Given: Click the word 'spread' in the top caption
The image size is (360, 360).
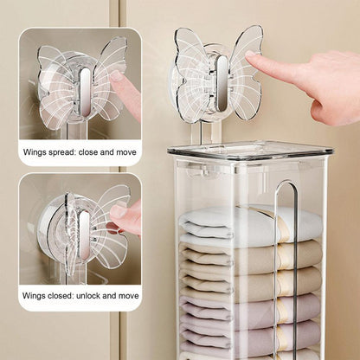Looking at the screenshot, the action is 60,152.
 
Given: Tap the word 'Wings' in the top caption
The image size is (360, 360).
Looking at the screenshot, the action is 33,152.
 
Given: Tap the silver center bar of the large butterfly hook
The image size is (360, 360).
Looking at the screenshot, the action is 222,84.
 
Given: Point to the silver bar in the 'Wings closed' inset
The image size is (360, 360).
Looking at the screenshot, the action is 84,235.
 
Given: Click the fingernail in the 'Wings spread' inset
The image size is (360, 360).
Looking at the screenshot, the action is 118,75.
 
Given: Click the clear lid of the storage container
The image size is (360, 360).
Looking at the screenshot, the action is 250,150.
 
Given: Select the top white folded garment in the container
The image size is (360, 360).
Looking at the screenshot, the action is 250,222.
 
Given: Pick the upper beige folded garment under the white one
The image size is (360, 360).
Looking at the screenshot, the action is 250,254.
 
